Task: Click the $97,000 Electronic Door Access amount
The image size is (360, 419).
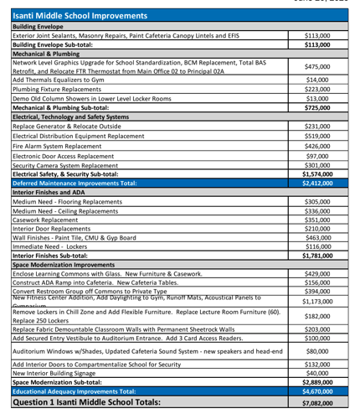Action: click(317, 156)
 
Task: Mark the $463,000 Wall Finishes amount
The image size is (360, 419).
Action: click(316, 238)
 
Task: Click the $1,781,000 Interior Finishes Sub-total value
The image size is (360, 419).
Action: click(316, 256)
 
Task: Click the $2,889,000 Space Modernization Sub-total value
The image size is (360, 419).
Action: click(316, 382)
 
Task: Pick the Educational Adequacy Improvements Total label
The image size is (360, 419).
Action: click(74, 391)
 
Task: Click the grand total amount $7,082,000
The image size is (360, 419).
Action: click(316, 403)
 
